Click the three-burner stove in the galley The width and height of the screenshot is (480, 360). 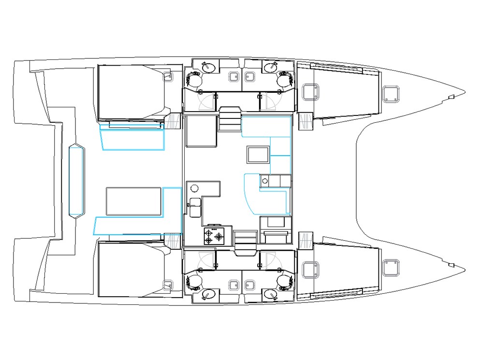[214, 237]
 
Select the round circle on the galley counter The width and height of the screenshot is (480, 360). [195, 188]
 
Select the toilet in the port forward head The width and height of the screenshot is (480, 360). [285, 78]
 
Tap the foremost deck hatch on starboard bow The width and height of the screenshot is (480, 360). [390, 267]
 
